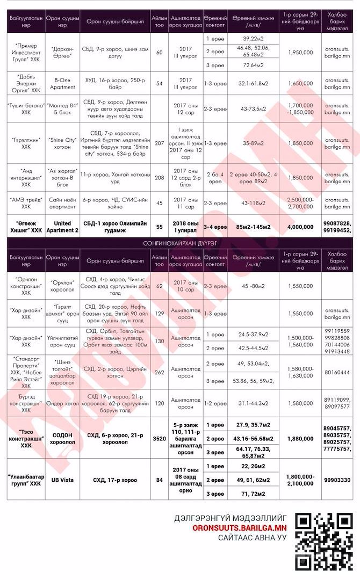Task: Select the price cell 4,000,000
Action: click(x=301, y=227)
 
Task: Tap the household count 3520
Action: click(x=159, y=439)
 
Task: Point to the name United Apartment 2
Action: click(x=63, y=227)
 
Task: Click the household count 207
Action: click(x=159, y=143)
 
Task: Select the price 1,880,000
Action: click(x=301, y=439)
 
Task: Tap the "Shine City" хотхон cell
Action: click(x=63, y=143)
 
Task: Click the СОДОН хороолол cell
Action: click(x=63, y=439)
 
